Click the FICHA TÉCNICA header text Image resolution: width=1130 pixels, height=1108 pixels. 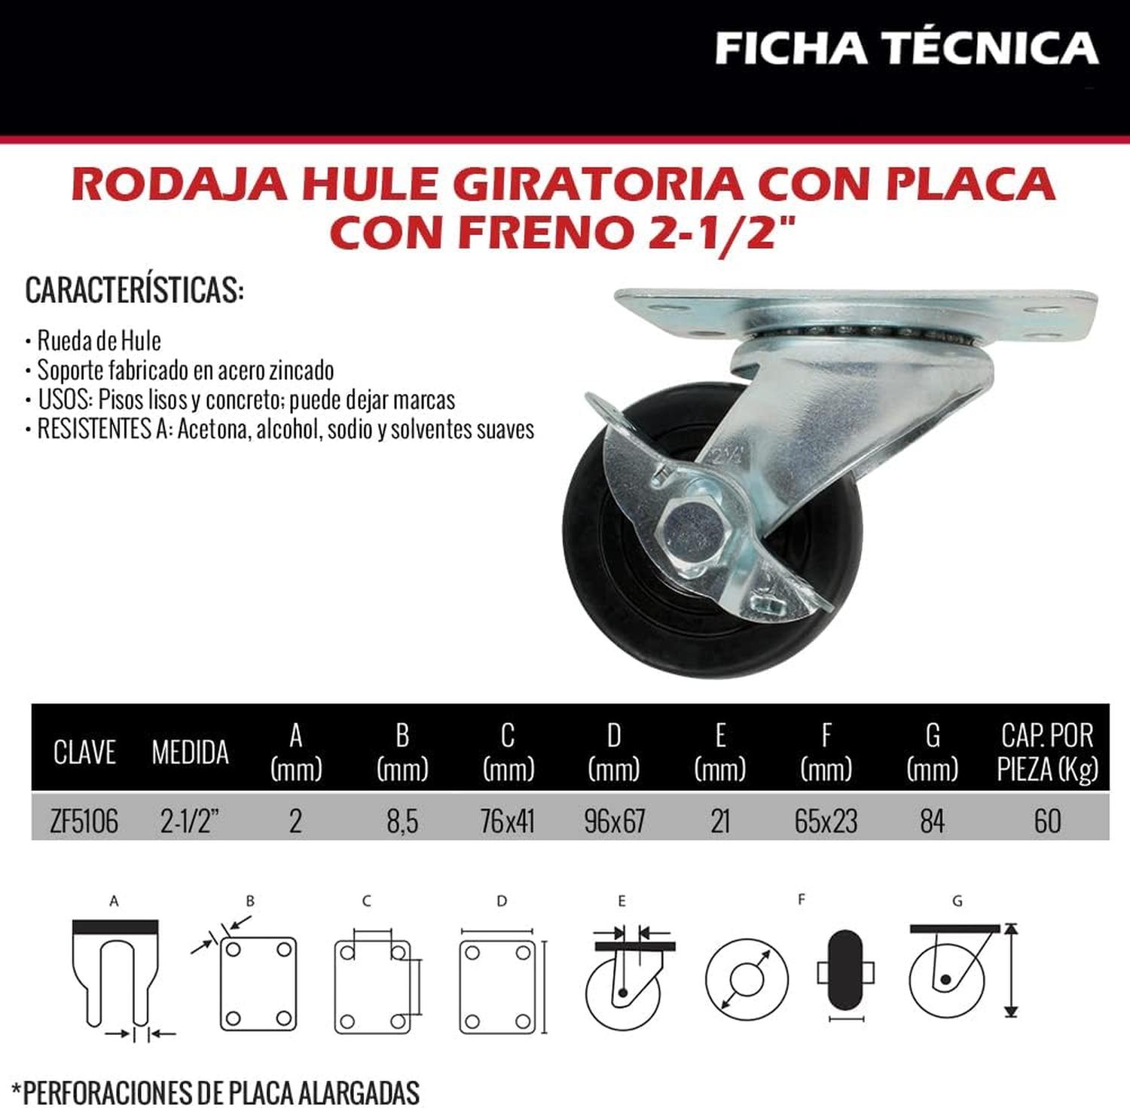(x=906, y=47)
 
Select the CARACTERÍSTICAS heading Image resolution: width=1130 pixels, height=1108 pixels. (x=135, y=291)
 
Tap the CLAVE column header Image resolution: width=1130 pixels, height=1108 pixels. (x=84, y=752)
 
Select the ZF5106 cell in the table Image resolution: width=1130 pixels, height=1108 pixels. (x=84, y=821)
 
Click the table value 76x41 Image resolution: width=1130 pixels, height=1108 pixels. (x=508, y=821)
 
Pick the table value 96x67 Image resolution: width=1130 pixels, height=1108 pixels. (x=615, y=821)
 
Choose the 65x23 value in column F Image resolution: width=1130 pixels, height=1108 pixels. (x=826, y=821)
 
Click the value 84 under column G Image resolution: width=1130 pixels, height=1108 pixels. (x=932, y=821)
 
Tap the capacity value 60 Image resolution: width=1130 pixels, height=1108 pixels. (x=1048, y=821)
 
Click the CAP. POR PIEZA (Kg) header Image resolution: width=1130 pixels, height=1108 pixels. (x=1047, y=752)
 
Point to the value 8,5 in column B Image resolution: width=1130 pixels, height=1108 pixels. (x=402, y=821)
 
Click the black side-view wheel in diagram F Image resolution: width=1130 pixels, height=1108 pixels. (x=845, y=972)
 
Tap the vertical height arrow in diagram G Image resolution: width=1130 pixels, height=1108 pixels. (x=1012, y=970)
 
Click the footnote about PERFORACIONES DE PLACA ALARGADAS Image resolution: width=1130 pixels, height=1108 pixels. (x=221, y=1091)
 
